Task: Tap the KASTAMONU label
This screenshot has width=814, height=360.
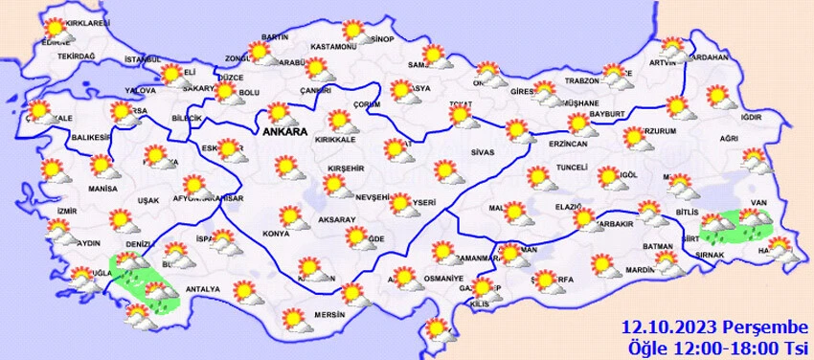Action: point(333,47)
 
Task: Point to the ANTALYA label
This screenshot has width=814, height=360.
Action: point(203,289)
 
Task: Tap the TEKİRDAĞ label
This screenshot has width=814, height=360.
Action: point(77,56)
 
